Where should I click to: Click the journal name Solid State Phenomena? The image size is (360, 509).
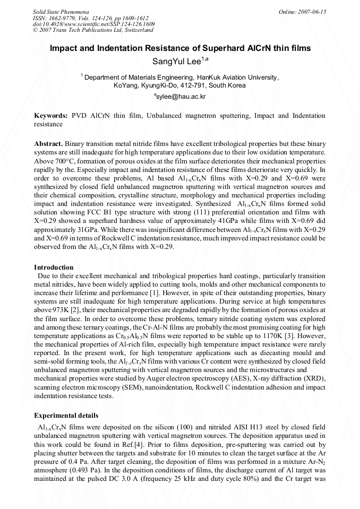[61, 11]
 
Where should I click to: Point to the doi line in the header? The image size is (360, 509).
[94, 24]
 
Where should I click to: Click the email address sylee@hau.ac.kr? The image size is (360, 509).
[180, 97]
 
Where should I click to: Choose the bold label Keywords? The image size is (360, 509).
[51, 115]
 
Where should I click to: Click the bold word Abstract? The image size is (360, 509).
[48, 144]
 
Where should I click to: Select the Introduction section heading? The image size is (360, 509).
[54, 267]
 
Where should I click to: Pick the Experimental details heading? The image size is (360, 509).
[66, 415]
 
